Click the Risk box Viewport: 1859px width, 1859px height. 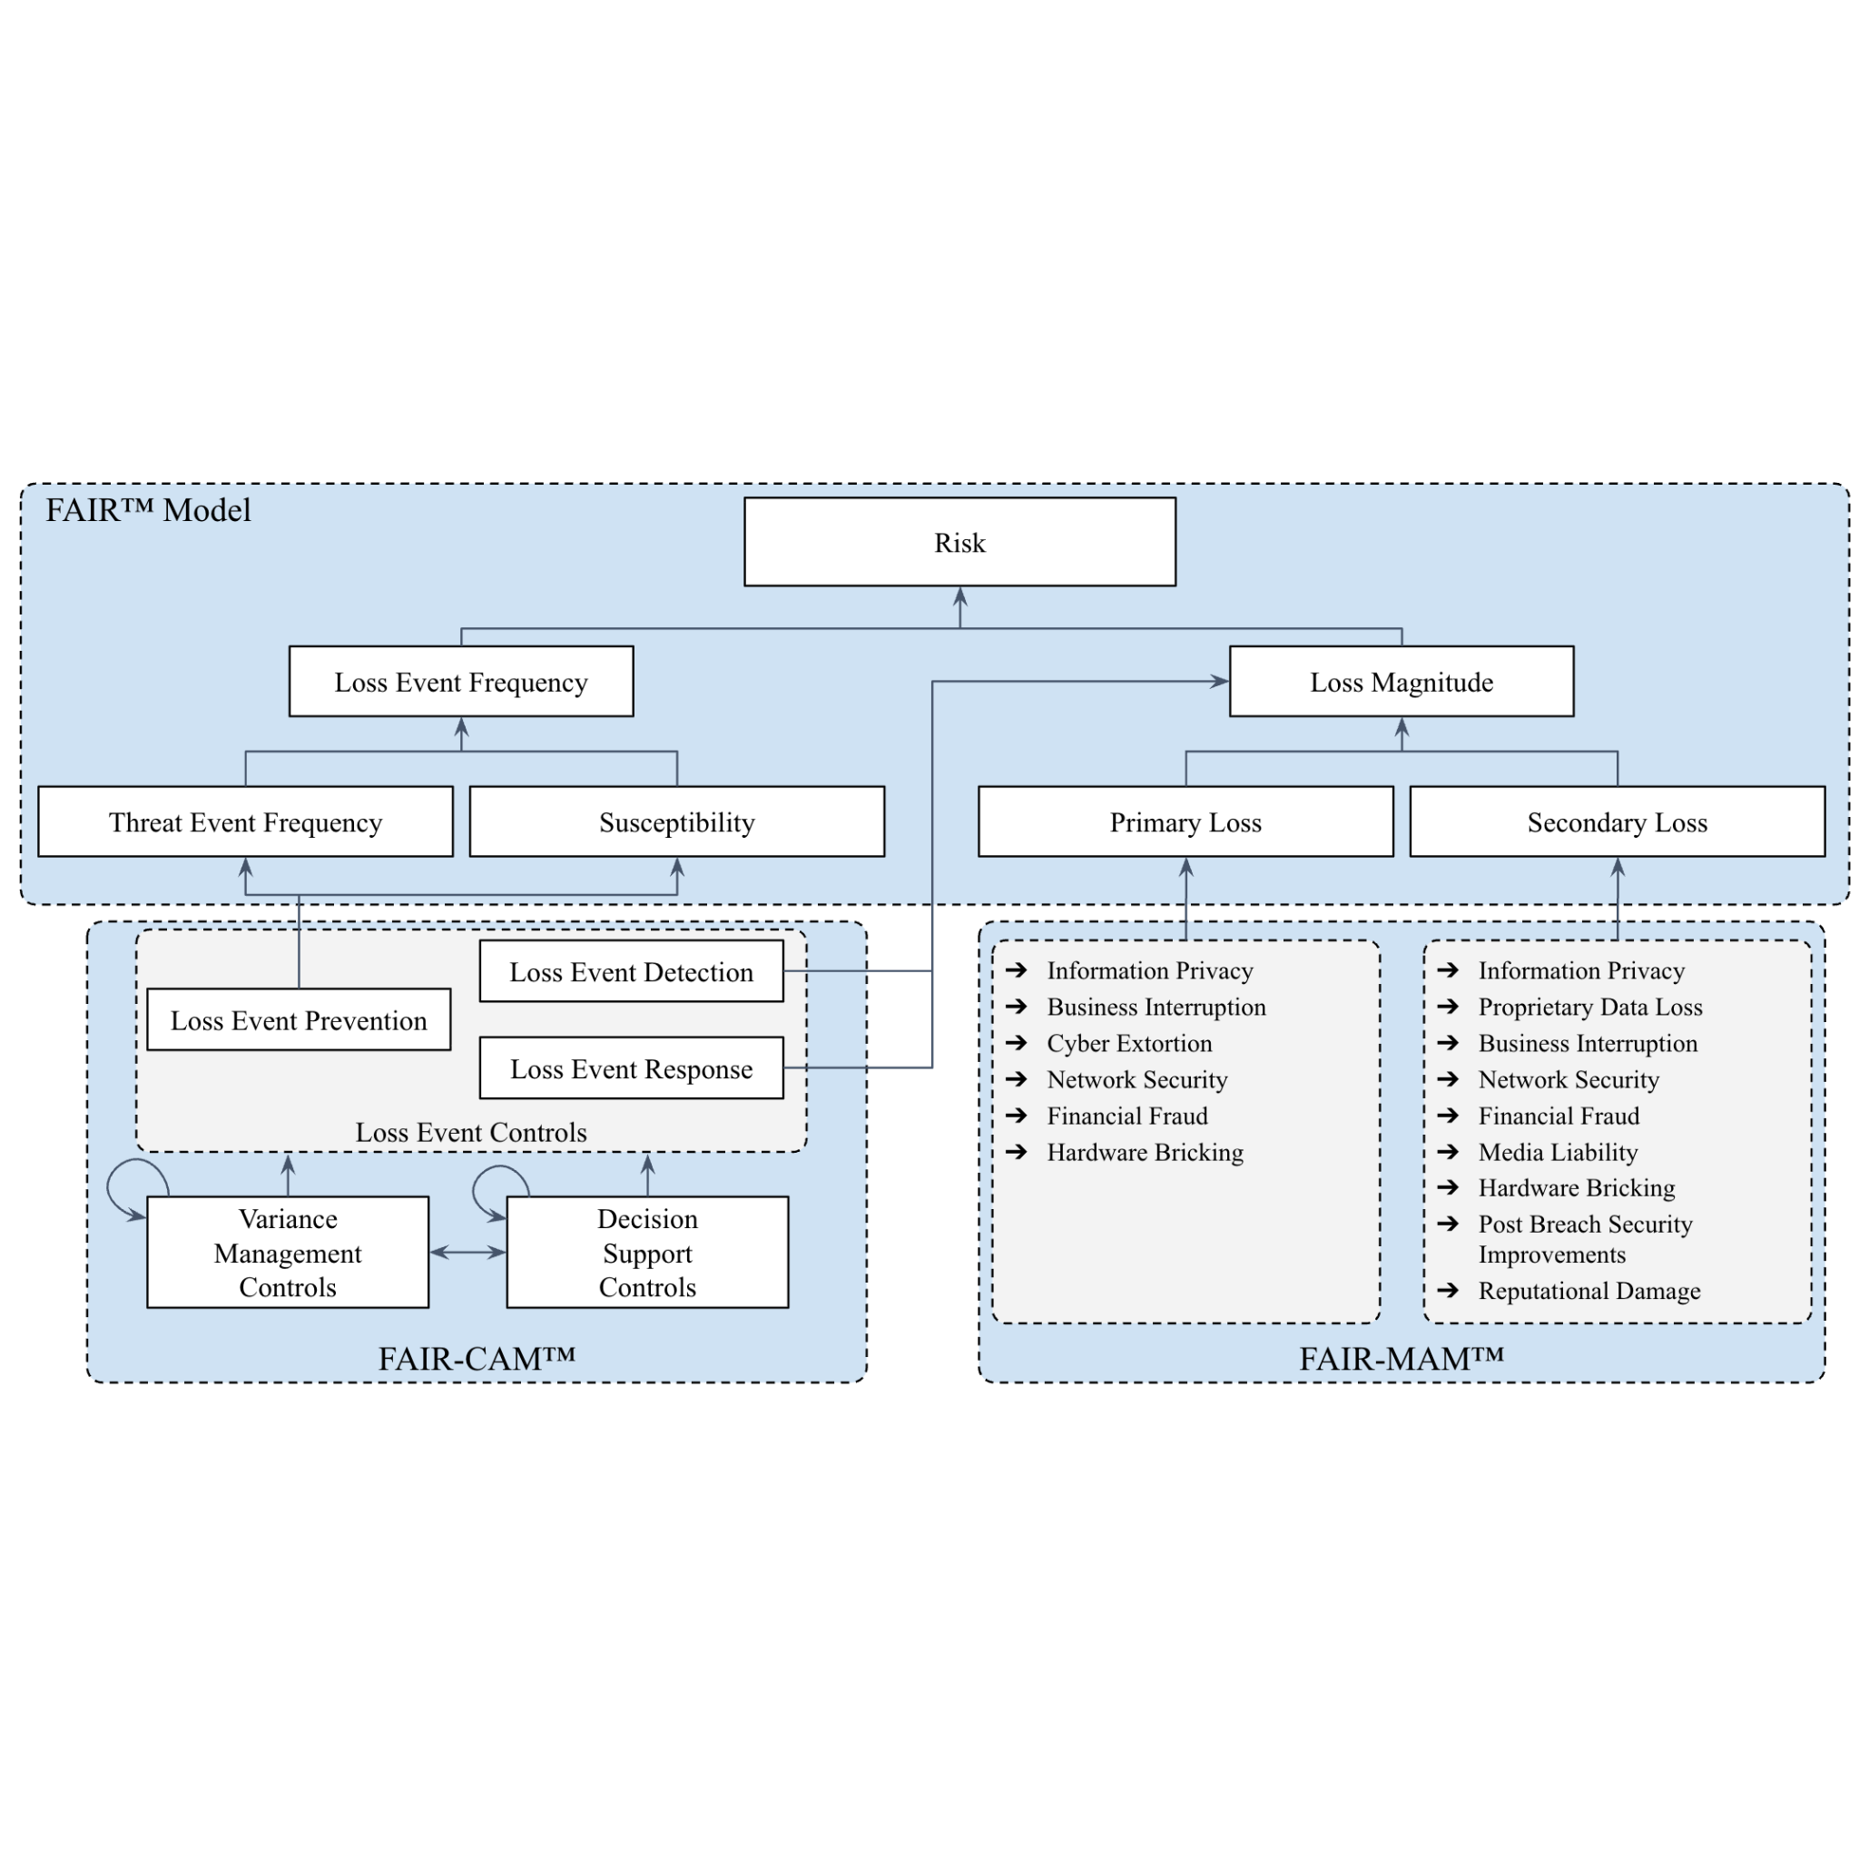(959, 542)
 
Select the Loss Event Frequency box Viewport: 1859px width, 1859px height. (461, 682)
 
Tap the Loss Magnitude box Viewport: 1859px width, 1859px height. (1401, 682)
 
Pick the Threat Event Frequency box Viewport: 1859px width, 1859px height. (245, 821)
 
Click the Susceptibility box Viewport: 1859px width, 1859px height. (676, 821)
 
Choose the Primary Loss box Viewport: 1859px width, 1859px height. (1185, 821)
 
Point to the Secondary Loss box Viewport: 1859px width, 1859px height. (1618, 821)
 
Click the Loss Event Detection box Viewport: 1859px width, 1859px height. (631, 971)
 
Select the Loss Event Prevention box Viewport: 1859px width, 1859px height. (299, 1019)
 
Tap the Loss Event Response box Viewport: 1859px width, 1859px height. (631, 1068)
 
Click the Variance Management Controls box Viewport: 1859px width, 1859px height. (288, 1252)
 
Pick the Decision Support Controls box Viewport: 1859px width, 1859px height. (647, 1252)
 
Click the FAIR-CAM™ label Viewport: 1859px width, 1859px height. (477, 1359)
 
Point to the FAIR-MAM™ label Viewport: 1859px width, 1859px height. (1401, 1359)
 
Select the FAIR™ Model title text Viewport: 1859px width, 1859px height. (148, 510)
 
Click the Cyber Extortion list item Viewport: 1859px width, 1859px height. (1128, 1043)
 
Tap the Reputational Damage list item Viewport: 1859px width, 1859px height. (1589, 1291)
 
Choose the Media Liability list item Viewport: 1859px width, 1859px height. (1558, 1152)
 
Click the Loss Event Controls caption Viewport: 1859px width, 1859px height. (470, 1132)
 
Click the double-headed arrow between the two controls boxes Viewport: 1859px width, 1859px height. (467, 1252)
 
